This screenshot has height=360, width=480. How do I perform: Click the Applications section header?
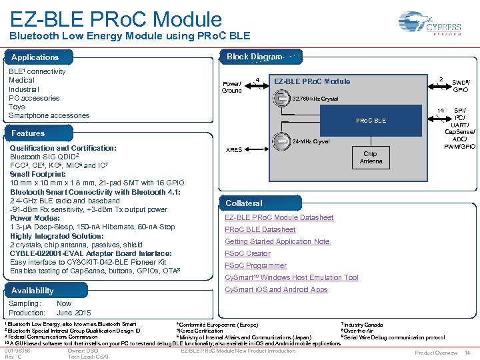[35, 57]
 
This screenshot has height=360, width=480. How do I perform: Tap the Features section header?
[28, 133]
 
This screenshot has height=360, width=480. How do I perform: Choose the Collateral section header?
[244, 203]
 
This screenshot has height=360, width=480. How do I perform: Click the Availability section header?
[33, 290]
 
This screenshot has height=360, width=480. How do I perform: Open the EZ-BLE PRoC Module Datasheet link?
[279, 217]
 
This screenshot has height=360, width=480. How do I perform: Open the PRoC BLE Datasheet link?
[260, 229]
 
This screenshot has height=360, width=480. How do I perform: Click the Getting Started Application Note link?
[277, 241]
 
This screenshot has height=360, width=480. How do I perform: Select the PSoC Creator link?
[247, 253]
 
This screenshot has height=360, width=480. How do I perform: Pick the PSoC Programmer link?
[255, 265]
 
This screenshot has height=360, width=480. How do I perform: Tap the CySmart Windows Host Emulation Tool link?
[291, 277]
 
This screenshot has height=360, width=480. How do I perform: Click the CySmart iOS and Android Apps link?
[276, 289]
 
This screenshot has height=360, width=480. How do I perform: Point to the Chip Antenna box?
[371, 157]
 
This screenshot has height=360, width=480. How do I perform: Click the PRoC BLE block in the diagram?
[371, 121]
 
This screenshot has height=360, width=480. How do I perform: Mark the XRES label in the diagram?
[234, 149]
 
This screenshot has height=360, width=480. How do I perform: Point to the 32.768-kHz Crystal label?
[315, 99]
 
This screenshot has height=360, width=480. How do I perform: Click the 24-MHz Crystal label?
[311, 141]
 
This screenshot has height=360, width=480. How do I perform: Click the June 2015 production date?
[73, 313]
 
